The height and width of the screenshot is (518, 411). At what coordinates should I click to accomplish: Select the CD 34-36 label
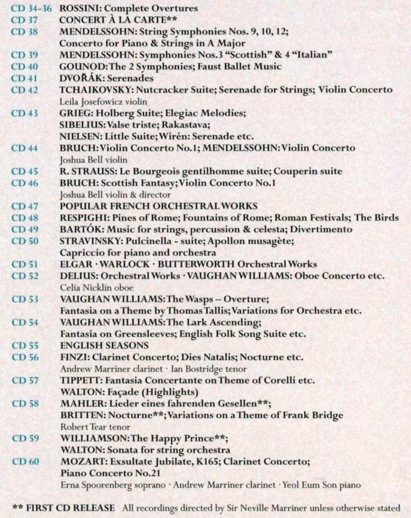pos(32,8)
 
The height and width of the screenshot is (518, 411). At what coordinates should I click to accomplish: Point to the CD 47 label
pos(24,206)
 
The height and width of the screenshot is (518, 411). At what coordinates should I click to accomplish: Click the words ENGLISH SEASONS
pos(104,345)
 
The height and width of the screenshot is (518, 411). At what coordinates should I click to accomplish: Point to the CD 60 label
pos(25,462)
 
